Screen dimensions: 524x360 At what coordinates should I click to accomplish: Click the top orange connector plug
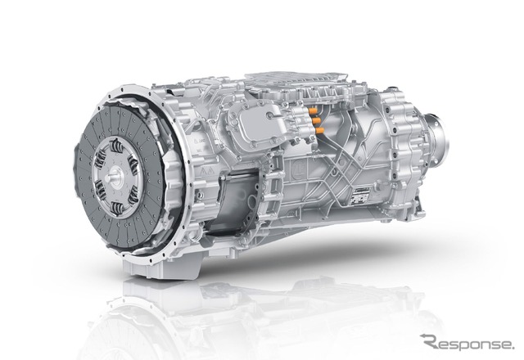(313, 110)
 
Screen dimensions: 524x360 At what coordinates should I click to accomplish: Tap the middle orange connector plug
(316, 120)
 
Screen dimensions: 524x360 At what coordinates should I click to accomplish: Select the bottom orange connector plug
(319, 130)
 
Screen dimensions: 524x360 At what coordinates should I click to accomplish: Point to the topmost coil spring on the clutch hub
(116, 146)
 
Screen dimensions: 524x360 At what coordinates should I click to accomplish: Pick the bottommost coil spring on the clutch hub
(116, 208)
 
